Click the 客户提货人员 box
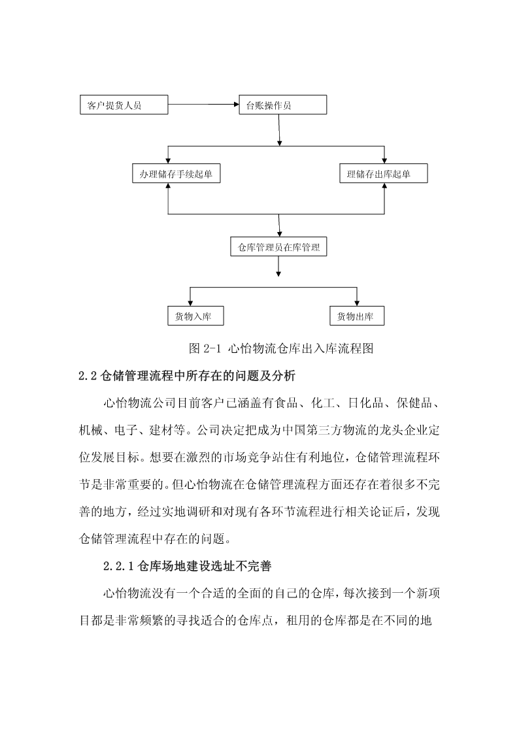coord(124,105)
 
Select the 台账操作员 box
coord(282,105)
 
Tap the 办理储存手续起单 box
coord(176,174)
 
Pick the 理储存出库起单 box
coord(384,174)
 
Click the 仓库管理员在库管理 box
coord(278,246)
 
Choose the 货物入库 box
coord(195,316)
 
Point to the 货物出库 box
coord(358,316)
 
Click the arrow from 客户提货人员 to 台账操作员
coord(203,105)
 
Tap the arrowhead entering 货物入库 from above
coord(190,303)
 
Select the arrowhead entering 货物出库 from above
coord(357,303)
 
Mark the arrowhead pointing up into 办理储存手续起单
coord(168,186)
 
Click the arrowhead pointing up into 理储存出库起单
coord(384,186)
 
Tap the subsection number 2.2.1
coord(119,567)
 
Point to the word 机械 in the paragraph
coord(90,429)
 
